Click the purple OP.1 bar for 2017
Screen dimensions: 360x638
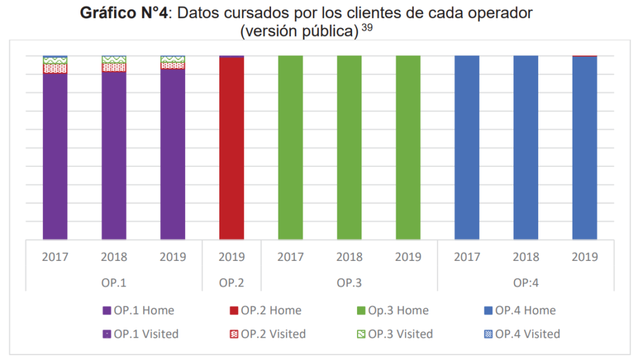[55, 156]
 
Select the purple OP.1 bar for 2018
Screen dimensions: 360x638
[114, 156]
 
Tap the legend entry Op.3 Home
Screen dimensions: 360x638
[391, 310]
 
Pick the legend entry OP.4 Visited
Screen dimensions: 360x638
[521, 334]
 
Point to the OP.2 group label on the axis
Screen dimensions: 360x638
[231, 282]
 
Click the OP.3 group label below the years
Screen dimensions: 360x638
[349, 282]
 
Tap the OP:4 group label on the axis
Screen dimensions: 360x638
[525, 282]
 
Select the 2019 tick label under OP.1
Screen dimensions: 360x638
[173, 257]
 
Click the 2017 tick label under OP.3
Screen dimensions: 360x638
[290, 257]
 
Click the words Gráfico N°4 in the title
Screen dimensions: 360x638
[123, 14]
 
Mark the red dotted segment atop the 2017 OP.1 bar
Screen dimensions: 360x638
[55, 69]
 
